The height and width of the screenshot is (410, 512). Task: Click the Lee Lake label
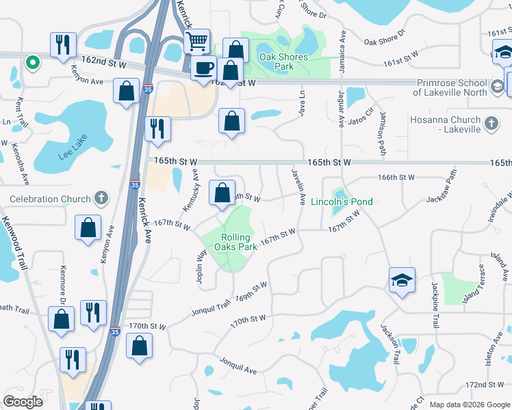(x=73, y=154)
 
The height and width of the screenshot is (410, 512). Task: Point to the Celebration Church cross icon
(x=101, y=199)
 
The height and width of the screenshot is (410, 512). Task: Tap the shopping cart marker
(x=196, y=41)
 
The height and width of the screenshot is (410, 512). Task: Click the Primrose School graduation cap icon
(x=497, y=87)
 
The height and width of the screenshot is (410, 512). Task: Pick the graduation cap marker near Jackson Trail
(x=402, y=279)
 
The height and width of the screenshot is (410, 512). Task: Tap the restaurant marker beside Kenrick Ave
(x=158, y=128)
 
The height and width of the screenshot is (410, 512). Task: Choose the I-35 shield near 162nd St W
(x=148, y=88)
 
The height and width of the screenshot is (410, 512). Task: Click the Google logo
(x=23, y=402)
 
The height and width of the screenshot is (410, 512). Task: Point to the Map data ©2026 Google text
(x=470, y=404)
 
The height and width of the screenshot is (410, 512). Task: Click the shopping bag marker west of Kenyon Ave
(x=88, y=228)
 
